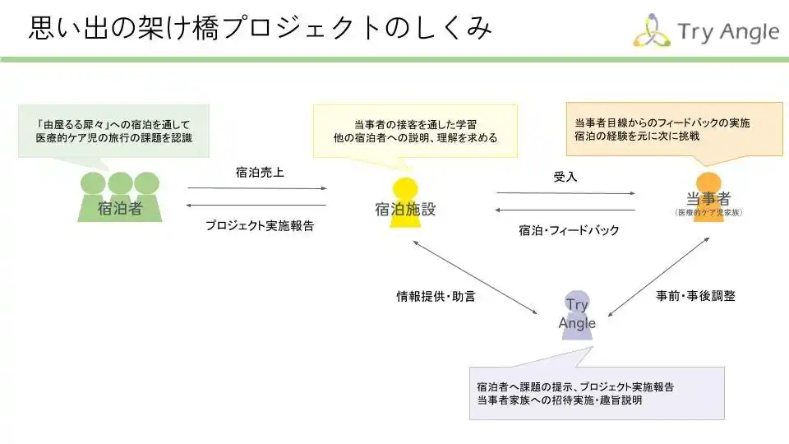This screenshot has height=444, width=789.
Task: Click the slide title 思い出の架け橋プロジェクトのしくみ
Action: point(260,27)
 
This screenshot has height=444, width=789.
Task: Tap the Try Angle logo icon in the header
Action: point(651,30)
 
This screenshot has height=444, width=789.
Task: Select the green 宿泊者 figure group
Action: point(120,197)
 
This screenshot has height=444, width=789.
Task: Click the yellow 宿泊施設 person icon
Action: point(405,203)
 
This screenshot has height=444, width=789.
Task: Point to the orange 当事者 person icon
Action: point(708,197)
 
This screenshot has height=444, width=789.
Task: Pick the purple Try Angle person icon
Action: point(577,315)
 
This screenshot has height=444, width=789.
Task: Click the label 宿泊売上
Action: point(260,173)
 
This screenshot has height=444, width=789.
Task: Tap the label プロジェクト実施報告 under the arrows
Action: point(260,225)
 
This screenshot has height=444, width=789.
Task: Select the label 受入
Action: point(565,177)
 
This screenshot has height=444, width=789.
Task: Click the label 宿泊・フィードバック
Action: point(569,230)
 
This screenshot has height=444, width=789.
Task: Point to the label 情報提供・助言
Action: point(436,297)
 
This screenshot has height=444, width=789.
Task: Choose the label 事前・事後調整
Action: point(695,296)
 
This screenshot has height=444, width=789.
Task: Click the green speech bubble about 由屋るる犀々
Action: point(113,132)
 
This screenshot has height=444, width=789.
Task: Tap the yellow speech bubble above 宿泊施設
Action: point(415,132)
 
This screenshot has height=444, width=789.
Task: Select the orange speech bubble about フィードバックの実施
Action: point(674,129)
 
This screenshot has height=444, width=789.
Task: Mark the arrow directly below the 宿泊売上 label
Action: point(257,188)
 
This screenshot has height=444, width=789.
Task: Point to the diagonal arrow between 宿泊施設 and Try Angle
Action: point(475,277)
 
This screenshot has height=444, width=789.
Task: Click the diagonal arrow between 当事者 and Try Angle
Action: point(658,277)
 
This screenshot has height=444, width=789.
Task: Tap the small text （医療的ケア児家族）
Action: point(708,212)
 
